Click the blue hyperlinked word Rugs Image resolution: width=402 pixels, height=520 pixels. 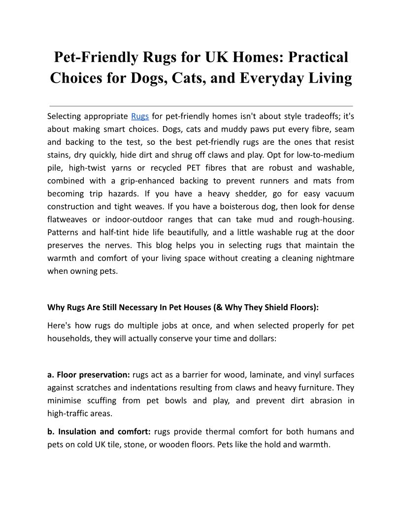click(x=140, y=116)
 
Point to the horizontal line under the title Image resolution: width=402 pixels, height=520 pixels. click(x=201, y=106)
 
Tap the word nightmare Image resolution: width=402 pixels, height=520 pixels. click(x=334, y=258)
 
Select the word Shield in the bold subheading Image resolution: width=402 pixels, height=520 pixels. click(x=280, y=307)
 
